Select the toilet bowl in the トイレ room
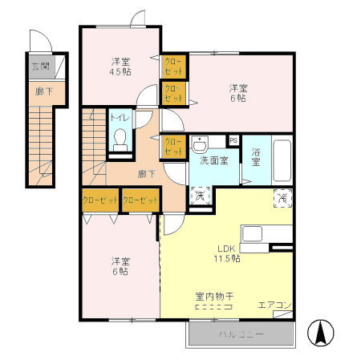(x=120, y=140)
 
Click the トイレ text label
(x=118, y=118)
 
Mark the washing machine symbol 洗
(x=201, y=195)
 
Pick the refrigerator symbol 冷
(x=282, y=196)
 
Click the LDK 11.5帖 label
(x=227, y=253)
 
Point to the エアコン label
(x=273, y=305)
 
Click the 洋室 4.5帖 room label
(x=121, y=65)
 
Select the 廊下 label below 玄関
(x=39, y=91)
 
